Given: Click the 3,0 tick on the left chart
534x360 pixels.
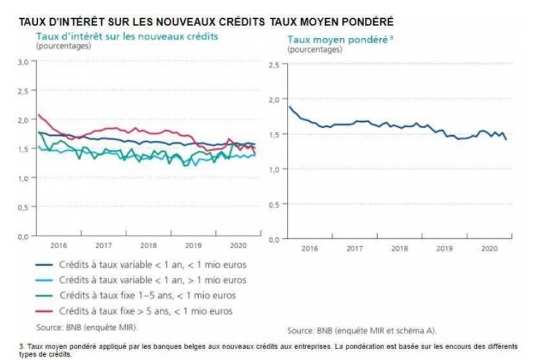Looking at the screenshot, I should tap(23, 62).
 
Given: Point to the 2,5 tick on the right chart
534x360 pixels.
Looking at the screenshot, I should tap(274, 65).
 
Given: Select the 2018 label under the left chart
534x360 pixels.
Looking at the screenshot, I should tap(148, 245).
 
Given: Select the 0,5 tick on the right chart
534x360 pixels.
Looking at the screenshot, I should tap(274, 204).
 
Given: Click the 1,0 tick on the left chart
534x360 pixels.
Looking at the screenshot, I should tap(23, 178).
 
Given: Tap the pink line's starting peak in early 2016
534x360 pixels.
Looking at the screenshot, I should tap(39, 115).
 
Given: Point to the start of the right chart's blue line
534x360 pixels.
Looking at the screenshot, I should tap(290, 107).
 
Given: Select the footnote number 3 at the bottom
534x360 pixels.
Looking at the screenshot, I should tap(22, 345).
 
